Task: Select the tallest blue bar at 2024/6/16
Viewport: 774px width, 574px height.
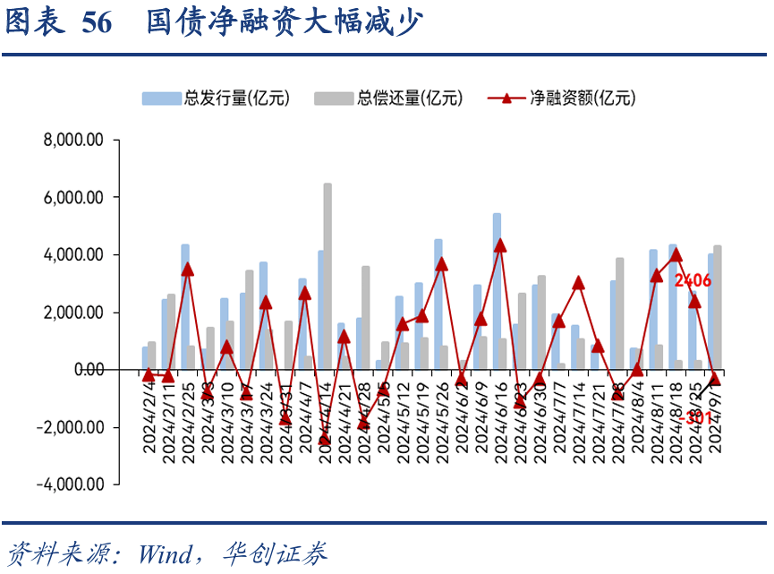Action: [x=497, y=291]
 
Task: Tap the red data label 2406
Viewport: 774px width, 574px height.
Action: [x=693, y=281]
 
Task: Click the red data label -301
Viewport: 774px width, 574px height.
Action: [x=693, y=418]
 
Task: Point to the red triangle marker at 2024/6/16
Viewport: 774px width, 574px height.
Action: [x=499, y=245]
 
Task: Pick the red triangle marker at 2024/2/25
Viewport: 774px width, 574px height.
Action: [x=187, y=269]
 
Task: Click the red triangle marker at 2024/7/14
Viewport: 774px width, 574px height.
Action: [x=578, y=283]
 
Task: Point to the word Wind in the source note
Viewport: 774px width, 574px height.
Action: [x=166, y=553]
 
